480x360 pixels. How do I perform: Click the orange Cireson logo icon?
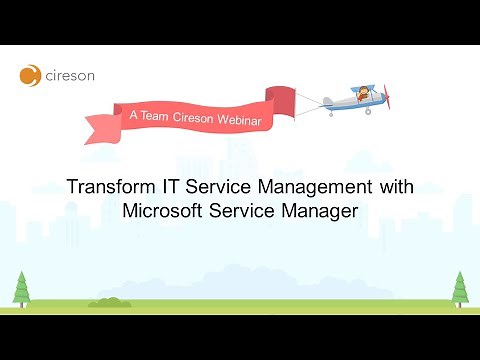30,75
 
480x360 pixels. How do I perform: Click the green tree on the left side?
21,287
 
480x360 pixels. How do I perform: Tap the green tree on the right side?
459,288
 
